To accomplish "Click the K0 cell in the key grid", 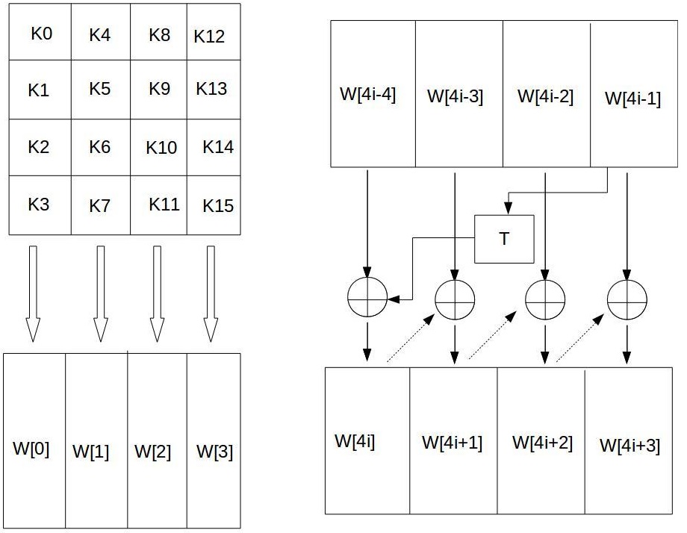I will pyautogui.click(x=41, y=34).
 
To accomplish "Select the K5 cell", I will pyautogui.click(x=99, y=89).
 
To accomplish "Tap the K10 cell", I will pyautogui.click(x=161, y=147).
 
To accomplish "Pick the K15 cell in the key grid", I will pyautogui.click(x=218, y=205).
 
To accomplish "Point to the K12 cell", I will pyautogui.click(x=209, y=36).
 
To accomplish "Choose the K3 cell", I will pyautogui.click(x=39, y=204).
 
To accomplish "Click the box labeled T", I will pyautogui.click(x=505, y=239).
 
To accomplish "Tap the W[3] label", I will pyautogui.click(x=214, y=452).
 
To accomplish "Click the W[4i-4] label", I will pyautogui.click(x=367, y=95).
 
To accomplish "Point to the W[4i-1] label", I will pyautogui.click(x=632, y=98).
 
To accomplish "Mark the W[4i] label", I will pyautogui.click(x=355, y=440).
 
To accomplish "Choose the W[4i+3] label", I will pyautogui.click(x=630, y=445).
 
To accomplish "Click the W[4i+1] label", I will pyautogui.click(x=452, y=442).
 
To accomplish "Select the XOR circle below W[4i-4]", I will pyautogui.click(x=367, y=297).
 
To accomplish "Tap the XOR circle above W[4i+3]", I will pyautogui.click(x=627, y=299).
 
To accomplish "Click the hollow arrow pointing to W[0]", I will pyautogui.click(x=33, y=294).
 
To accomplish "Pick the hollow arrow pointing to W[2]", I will pyautogui.click(x=157, y=294).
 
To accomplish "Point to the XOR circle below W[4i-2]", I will pyautogui.click(x=545, y=299).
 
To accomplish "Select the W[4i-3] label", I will pyautogui.click(x=455, y=96).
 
